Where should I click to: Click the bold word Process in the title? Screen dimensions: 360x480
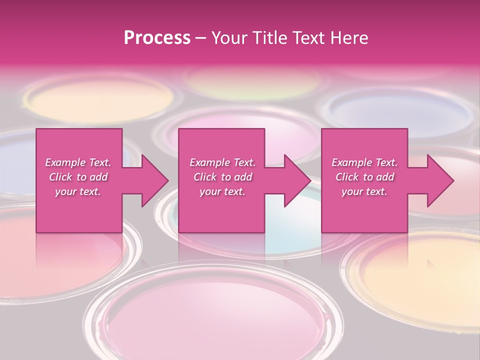157,38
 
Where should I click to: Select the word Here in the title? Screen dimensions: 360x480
348,38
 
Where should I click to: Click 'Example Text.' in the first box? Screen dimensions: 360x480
78,162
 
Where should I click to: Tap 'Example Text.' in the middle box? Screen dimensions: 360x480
222,162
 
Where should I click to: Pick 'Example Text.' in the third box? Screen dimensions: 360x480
364,162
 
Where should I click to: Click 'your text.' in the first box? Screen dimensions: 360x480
78,191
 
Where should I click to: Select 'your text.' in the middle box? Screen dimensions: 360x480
222,191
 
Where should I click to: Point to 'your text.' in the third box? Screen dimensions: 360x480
364,191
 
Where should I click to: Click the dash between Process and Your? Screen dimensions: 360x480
200,38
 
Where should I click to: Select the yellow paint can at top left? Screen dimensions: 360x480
97,97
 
